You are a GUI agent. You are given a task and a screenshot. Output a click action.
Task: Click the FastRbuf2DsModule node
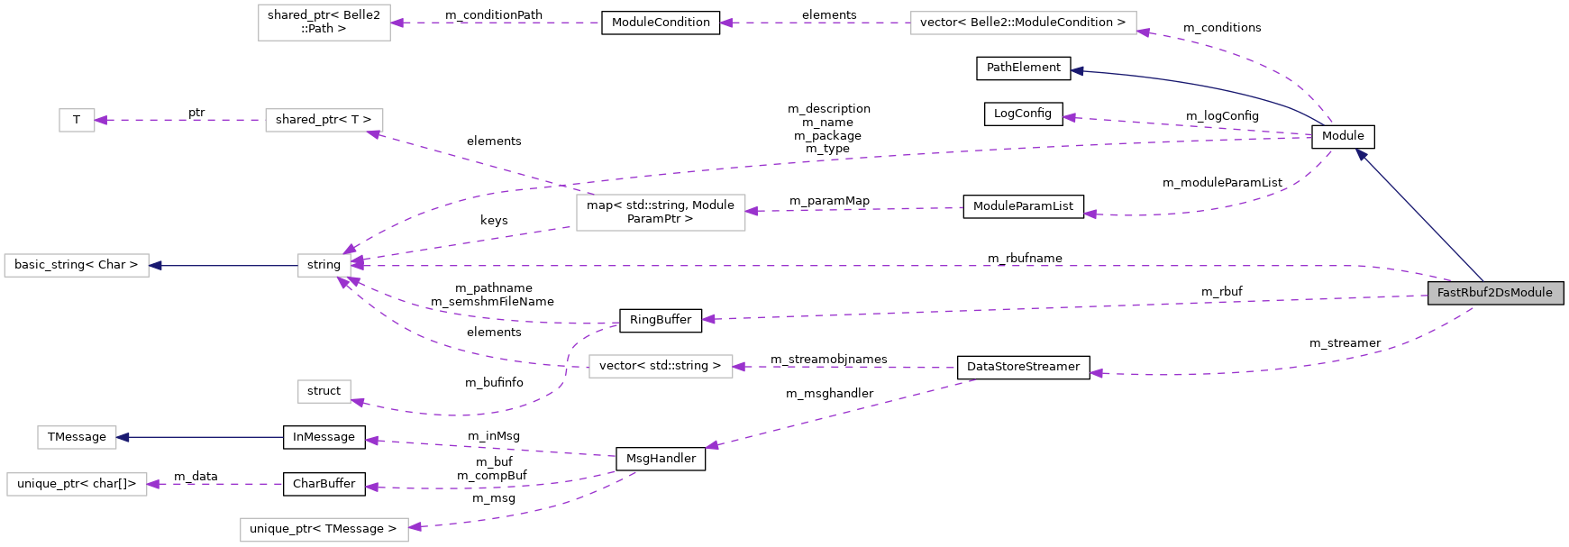(x=1495, y=293)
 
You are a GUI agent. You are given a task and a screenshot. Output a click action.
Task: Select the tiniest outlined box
(x=77, y=120)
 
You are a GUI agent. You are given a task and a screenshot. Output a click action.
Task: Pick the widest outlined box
(x=1023, y=23)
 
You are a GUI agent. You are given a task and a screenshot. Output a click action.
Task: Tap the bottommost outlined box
(x=324, y=530)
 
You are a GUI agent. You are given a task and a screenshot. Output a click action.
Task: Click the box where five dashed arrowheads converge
(x=324, y=265)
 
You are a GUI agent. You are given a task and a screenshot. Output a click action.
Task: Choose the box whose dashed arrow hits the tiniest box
(x=324, y=120)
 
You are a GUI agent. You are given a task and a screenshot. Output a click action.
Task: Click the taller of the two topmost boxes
(x=324, y=23)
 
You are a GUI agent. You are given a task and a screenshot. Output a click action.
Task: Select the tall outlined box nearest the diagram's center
(x=661, y=213)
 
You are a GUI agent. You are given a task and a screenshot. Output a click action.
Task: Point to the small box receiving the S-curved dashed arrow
(x=324, y=391)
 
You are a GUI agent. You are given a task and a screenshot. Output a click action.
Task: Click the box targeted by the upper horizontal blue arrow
(x=77, y=265)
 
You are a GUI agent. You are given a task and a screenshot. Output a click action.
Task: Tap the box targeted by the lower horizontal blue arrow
(x=77, y=437)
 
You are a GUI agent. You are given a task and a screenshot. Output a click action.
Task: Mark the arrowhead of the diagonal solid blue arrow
(x=1361, y=155)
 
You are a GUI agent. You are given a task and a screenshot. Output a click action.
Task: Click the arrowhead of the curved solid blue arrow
(x=1076, y=71)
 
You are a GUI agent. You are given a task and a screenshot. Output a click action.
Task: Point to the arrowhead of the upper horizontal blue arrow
(x=155, y=265)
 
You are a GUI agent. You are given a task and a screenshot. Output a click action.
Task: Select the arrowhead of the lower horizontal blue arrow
(x=123, y=437)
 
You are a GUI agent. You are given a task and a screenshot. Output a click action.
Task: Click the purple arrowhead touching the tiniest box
(x=101, y=120)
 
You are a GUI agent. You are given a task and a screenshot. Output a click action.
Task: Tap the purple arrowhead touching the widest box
(x=1143, y=32)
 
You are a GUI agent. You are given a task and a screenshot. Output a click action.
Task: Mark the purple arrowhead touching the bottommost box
(x=415, y=526)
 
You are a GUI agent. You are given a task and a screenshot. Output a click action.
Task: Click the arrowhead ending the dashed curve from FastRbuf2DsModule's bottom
(x=1096, y=373)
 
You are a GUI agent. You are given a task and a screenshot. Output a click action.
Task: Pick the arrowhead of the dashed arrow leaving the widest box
(x=725, y=23)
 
